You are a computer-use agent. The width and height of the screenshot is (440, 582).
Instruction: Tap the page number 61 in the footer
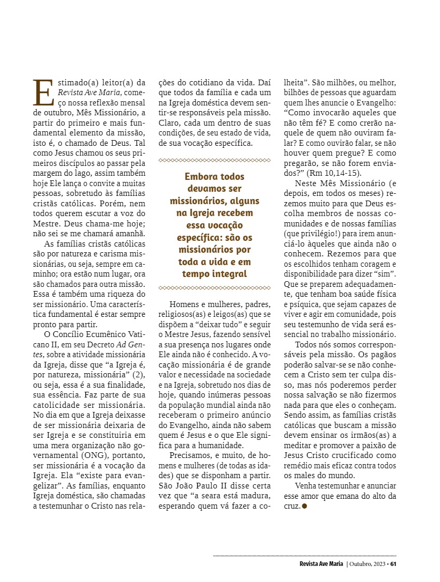(393, 563)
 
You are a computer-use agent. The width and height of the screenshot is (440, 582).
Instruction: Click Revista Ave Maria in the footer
(321, 563)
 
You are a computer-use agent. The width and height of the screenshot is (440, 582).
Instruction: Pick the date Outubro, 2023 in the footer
(369, 563)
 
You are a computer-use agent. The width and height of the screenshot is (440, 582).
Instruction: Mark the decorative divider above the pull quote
(214, 160)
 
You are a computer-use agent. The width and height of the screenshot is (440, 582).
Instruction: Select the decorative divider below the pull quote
(214, 287)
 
